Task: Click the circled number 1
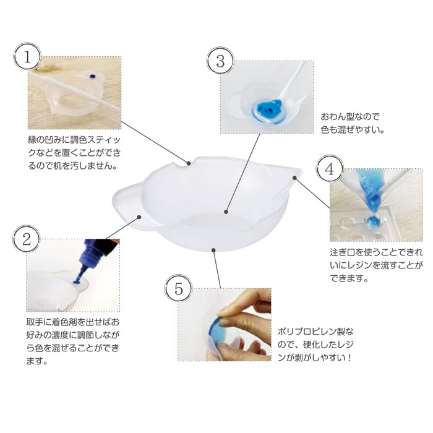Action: tap(27, 57)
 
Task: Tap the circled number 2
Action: tap(27, 239)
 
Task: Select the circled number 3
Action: tap(220, 61)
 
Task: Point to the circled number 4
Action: tap(330, 168)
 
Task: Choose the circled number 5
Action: tap(179, 289)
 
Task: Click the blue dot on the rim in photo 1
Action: tap(92, 76)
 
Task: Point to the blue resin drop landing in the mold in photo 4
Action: tap(373, 221)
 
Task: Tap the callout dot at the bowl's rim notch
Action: tap(189, 163)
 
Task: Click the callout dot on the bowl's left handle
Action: tap(139, 217)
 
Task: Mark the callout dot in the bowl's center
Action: tap(226, 212)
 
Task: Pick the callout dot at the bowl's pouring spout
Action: tap(294, 178)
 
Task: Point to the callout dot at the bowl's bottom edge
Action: tap(213, 250)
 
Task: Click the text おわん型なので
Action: tap(350, 117)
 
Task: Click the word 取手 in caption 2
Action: tap(35, 322)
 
